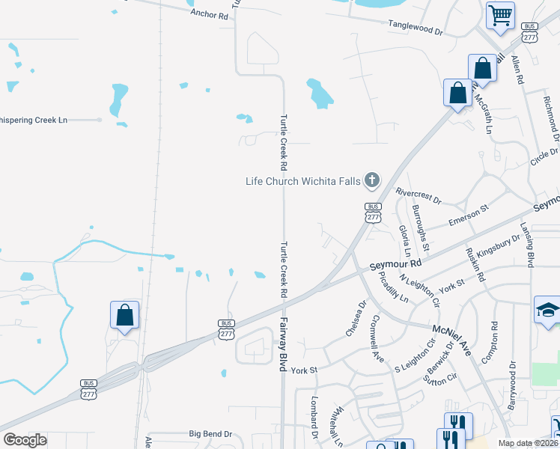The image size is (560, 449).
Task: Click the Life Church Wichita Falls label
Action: (x=303, y=181)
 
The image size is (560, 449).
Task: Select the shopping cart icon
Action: (x=499, y=14)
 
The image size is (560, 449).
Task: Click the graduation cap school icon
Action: (x=547, y=309)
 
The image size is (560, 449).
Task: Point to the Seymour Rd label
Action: (x=396, y=265)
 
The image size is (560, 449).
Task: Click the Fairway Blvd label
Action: (x=284, y=340)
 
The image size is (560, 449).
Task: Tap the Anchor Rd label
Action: (x=209, y=14)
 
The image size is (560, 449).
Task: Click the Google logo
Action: (x=25, y=439)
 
